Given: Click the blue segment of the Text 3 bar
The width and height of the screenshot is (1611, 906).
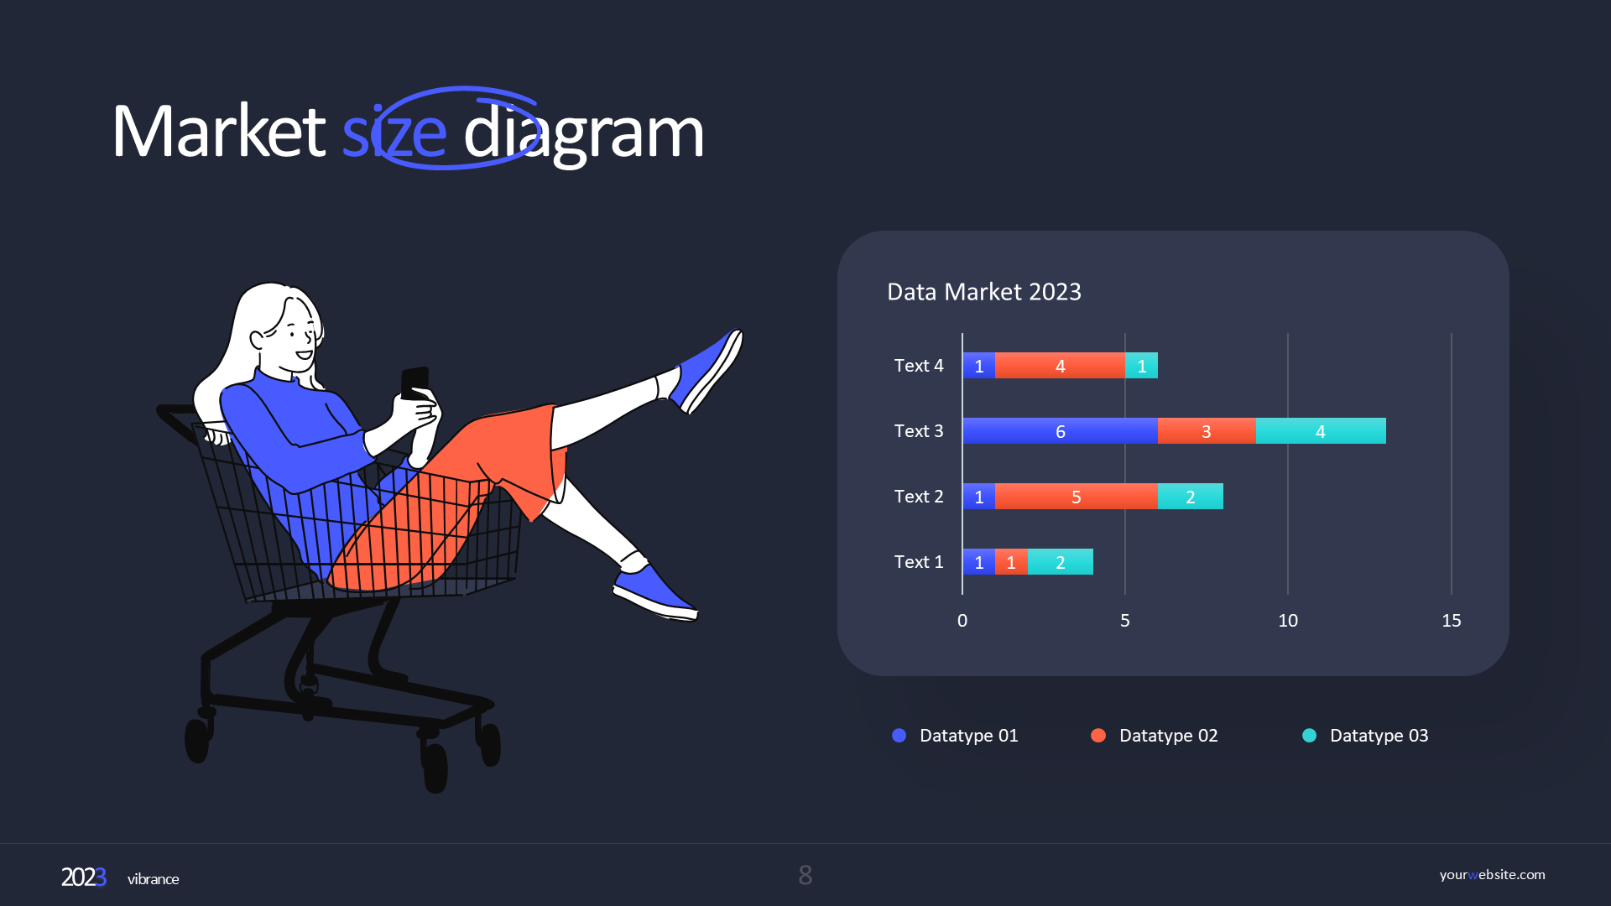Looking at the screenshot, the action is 1060,431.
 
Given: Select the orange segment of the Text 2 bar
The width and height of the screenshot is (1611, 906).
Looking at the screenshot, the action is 1076,497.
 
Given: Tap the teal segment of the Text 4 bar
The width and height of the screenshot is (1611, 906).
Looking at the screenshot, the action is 1141,366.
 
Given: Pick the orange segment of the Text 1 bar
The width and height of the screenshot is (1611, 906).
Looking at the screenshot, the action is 1011,562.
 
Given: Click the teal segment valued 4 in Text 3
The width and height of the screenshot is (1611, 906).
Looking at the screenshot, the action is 1321,431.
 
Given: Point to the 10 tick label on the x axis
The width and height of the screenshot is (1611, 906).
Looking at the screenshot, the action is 1288,621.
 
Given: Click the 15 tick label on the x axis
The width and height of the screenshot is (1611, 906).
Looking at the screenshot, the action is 1452,621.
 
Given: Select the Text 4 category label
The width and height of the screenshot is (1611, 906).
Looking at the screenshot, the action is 919,366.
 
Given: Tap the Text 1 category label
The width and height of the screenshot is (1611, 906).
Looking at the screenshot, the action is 919,562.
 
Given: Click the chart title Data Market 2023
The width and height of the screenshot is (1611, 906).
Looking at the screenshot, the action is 984,292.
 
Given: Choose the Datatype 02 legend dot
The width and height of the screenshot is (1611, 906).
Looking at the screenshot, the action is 1098,736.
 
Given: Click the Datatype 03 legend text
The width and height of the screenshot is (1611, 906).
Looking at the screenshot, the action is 1379,736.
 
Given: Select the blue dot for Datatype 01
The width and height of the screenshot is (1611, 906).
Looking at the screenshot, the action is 899,736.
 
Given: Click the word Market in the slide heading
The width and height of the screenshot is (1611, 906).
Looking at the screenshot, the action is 219,131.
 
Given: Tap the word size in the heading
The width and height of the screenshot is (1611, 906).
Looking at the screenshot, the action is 394,133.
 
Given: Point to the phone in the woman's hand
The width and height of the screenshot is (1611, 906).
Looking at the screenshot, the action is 414,383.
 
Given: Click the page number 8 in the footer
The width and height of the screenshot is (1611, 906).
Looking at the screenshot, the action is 805,876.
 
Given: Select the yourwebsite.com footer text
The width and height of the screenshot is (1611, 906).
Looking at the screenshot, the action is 1492,875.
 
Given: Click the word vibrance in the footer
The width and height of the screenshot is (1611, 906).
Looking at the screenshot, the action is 154,879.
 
